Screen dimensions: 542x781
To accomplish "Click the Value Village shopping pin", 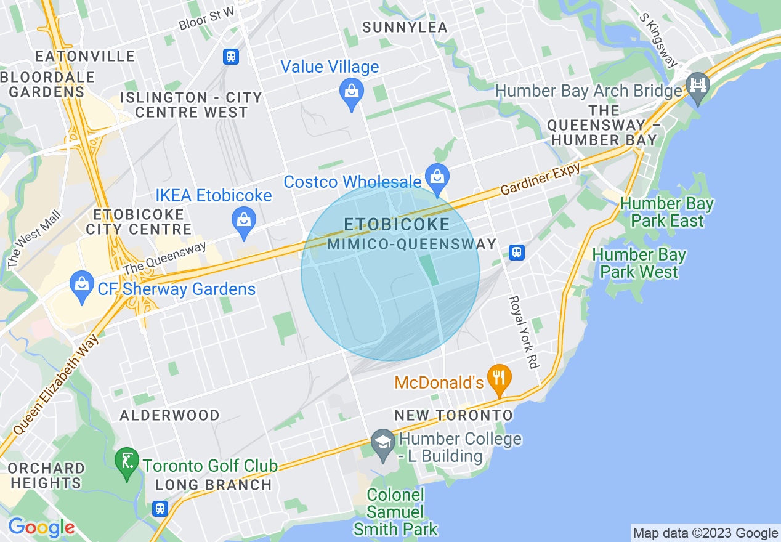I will [x=351, y=93].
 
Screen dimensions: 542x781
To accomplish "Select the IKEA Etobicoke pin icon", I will [x=244, y=219].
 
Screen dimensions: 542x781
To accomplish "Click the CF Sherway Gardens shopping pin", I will [x=81, y=285].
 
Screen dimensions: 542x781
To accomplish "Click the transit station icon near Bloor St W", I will [x=231, y=57].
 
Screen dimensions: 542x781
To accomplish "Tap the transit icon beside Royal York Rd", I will [x=517, y=251].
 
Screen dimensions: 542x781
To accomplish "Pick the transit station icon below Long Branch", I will [x=160, y=509].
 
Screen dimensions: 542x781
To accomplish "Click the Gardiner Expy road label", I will [x=540, y=180].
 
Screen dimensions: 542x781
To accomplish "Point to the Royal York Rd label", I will [x=523, y=333].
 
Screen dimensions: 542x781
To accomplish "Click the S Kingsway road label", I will [x=658, y=41].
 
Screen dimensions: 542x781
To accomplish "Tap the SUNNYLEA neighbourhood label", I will [x=405, y=27].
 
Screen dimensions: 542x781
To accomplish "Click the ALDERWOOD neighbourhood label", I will [x=169, y=415].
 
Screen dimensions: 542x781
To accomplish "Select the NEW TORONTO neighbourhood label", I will [x=453, y=415].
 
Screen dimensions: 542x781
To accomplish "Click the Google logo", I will [x=41, y=527].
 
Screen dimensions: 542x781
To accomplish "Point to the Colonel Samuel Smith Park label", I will [x=395, y=512].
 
